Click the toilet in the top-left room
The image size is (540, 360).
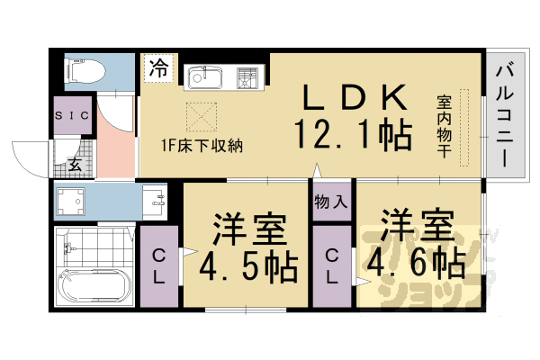coord(83,70)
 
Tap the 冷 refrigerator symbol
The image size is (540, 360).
coord(158,68)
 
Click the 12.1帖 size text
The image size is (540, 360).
coord(352,135)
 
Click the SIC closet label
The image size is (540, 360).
coord(69,117)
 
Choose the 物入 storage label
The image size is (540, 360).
coord(331,202)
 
